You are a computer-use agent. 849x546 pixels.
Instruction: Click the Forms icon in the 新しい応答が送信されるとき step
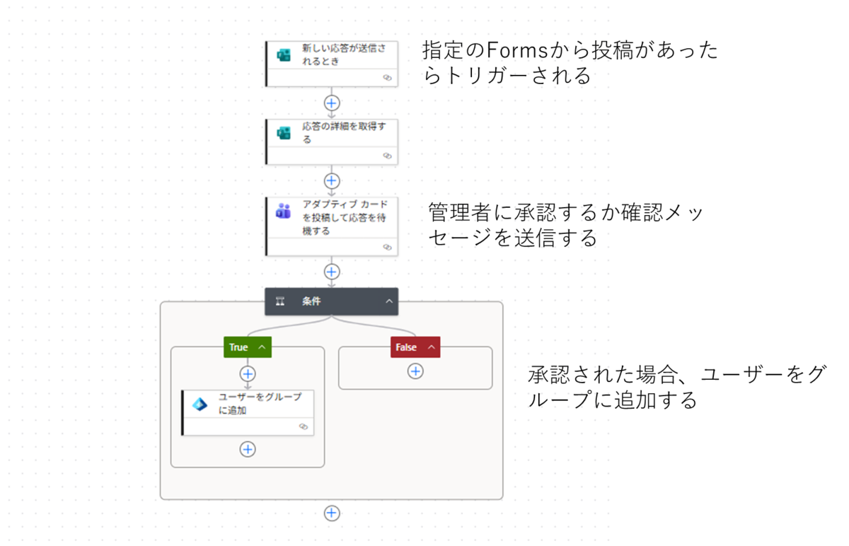[284, 55]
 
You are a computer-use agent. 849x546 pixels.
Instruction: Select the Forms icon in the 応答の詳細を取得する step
[284, 133]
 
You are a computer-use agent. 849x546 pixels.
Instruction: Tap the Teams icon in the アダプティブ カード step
[284, 211]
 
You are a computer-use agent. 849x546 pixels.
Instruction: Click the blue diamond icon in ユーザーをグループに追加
[200, 405]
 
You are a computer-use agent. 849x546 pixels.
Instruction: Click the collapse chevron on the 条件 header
[389, 301]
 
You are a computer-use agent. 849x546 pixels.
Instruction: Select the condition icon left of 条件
[280, 301]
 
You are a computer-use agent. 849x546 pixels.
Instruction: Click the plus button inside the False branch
[415, 371]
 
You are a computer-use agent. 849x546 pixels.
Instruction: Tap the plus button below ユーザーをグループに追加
[248, 449]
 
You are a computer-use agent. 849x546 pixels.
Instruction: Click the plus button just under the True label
[248, 374]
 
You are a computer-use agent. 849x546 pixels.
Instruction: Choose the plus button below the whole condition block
[332, 513]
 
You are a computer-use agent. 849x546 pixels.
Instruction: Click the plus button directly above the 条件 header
[332, 272]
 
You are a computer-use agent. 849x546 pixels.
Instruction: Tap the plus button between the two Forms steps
[332, 103]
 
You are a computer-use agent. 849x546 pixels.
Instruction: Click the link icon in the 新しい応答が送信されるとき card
[387, 78]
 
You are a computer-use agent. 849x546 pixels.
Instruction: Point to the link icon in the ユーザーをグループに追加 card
[304, 426]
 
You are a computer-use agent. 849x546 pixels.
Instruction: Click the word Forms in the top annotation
[517, 50]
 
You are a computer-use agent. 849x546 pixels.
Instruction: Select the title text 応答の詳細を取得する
[344, 133]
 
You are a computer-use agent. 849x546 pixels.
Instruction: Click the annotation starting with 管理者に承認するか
[565, 225]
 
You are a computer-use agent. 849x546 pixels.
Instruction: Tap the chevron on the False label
[432, 347]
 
